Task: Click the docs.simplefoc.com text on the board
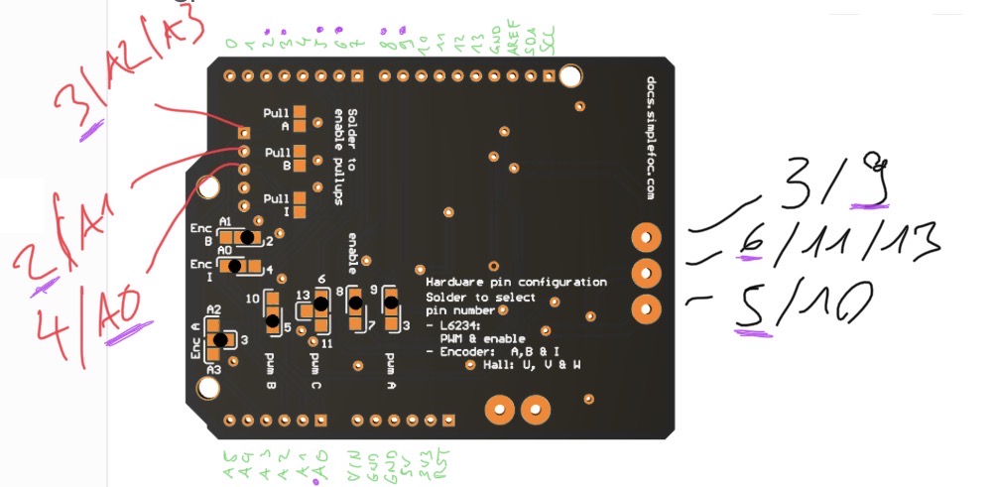[x=651, y=138]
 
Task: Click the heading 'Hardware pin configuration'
[x=516, y=282]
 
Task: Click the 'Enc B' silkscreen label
[x=201, y=234]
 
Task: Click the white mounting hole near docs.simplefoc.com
[x=570, y=76]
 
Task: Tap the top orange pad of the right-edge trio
[x=646, y=237]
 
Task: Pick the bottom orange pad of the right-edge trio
[x=646, y=308]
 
